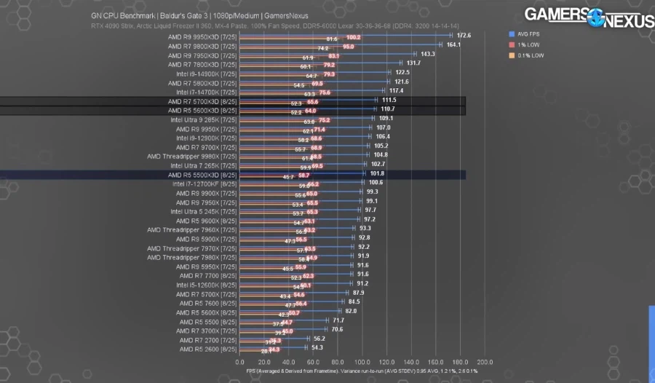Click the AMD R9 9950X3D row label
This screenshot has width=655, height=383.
(x=202, y=36)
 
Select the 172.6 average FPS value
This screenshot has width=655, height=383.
(x=464, y=35)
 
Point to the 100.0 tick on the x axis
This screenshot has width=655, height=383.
(x=362, y=362)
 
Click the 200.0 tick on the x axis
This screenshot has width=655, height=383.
(x=484, y=362)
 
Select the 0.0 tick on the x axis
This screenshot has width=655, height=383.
(x=240, y=362)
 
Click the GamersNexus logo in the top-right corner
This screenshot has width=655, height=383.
(x=589, y=17)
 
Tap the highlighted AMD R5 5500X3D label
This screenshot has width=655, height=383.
(x=202, y=175)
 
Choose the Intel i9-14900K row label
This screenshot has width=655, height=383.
(x=206, y=73)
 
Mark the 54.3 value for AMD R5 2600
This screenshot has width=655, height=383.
(x=317, y=348)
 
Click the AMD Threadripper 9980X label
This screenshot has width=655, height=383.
(x=191, y=156)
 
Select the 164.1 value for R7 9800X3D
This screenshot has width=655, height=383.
(x=453, y=44)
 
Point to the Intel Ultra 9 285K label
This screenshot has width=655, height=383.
(x=204, y=119)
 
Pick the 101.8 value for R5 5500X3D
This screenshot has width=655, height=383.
(x=377, y=174)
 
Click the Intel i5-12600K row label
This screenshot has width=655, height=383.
(x=206, y=285)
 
